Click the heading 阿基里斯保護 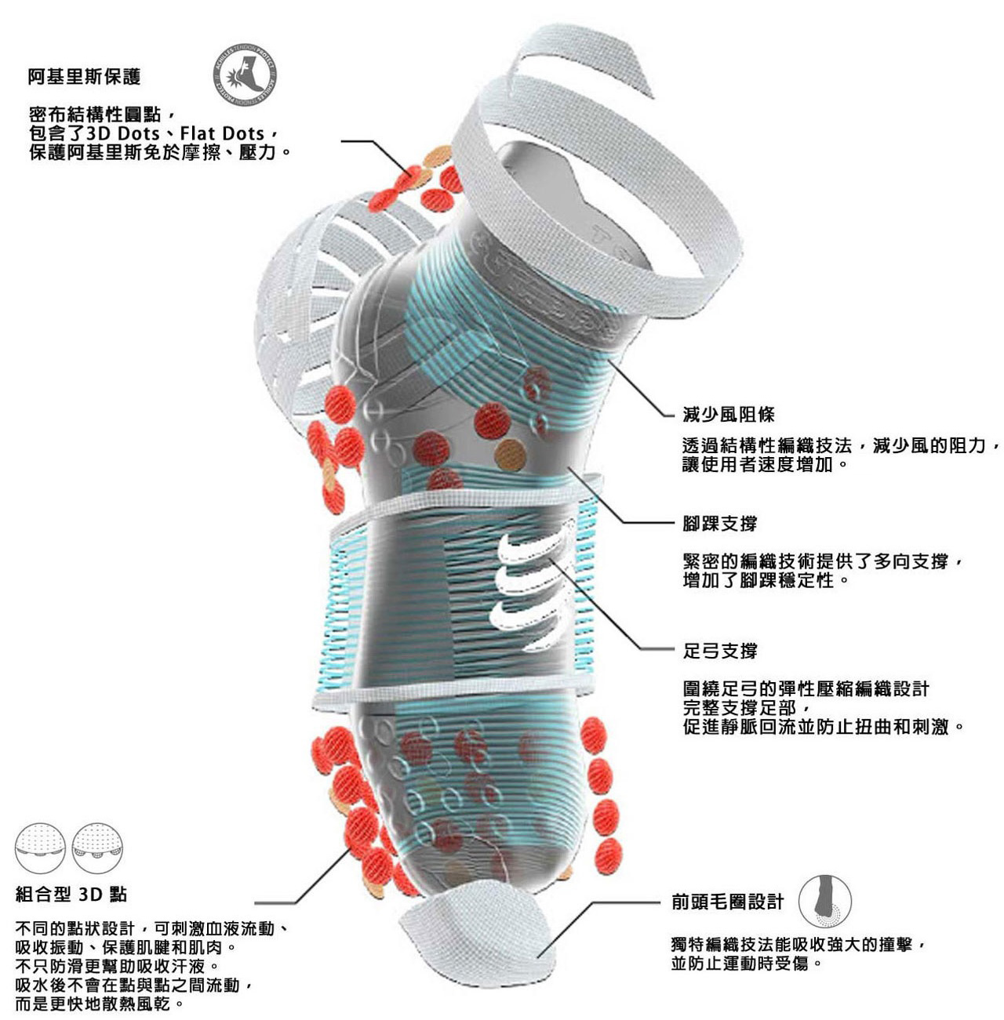coord(84,77)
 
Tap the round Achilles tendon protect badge coord(244,77)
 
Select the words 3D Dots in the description coord(122,133)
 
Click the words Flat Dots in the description coord(222,133)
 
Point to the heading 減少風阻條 coord(729,414)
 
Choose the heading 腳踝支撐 coord(719,524)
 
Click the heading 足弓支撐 coord(719,651)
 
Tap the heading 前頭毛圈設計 coord(727,902)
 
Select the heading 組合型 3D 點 coord(71,895)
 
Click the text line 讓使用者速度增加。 coord(766,464)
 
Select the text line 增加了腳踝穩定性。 coord(766,581)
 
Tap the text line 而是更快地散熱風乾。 coord(100,1004)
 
